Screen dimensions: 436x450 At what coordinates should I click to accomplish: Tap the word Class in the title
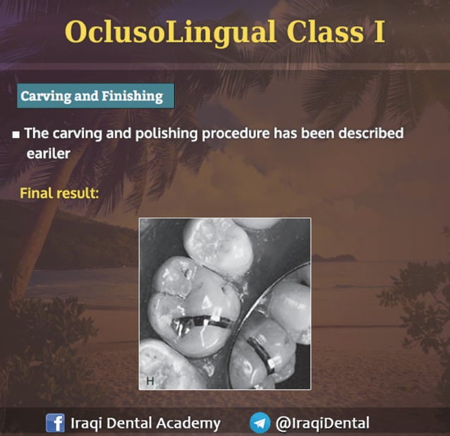[317, 32]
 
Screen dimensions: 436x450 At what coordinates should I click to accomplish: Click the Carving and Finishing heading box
[95, 95]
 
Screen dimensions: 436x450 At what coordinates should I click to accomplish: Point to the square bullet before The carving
[16, 134]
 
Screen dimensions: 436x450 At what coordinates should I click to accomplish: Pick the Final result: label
[59, 192]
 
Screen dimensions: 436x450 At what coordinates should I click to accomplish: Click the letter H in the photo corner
[150, 381]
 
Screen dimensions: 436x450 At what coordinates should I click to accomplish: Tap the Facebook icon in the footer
[55, 423]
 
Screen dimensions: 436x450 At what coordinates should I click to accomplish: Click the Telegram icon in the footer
[260, 423]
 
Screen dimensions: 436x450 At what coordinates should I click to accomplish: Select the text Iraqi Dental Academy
[145, 423]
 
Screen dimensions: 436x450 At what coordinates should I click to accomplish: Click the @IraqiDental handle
[322, 423]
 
